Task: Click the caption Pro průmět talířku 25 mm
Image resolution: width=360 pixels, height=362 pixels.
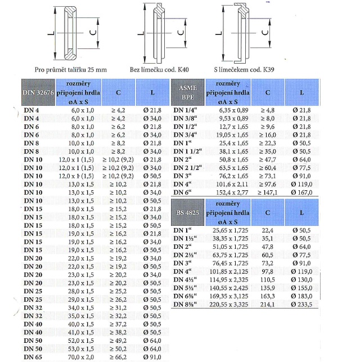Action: click(70, 69)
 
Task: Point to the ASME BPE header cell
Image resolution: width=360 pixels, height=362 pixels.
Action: click(187, 92)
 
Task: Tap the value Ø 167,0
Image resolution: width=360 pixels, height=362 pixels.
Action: click(304, 192)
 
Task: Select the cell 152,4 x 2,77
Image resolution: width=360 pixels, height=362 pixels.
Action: click(228, 192)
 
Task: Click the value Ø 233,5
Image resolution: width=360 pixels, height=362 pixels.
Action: click(304, 305)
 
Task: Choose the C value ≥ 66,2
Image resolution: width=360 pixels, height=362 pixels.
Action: click(115, 356)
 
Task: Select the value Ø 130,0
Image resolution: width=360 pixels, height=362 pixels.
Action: click(304, 279)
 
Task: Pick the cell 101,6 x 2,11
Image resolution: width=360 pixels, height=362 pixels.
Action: click(228, 184)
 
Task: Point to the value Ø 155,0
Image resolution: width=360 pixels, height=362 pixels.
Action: click(304, 287)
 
